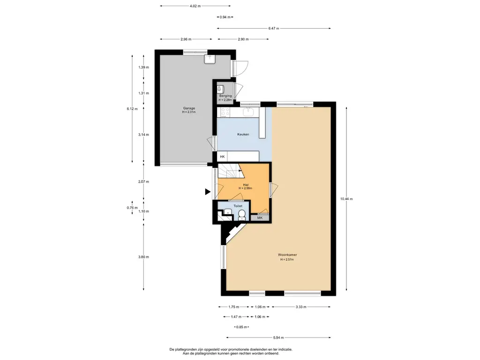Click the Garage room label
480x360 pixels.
[x=189, y=108]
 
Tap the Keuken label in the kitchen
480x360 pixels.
[x=243, y=135]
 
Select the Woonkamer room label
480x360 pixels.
[x=287, y=255]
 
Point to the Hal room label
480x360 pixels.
[x=246, y=185]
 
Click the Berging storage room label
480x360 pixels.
[x=225, y=96]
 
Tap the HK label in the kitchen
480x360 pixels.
[x=222, y=157]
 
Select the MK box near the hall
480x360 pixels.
[x=260, y=218]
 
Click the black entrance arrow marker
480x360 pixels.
[x=208, y=192]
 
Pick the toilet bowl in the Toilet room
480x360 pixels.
[x=242, y=215]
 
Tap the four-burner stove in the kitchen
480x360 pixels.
[x=225, y=112]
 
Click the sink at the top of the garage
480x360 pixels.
[x=210, y=59]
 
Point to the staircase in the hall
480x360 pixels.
[x=231, y=172]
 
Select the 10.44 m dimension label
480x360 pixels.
[x=346, y=199]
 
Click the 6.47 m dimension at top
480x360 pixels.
[x=274, y=29]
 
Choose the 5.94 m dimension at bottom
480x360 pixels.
[x=278, y=337]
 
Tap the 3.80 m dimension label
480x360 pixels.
[x=143, y=257]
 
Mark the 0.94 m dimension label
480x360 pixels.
[x=225, y=17]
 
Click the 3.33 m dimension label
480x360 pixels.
[x=301, y=307]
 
